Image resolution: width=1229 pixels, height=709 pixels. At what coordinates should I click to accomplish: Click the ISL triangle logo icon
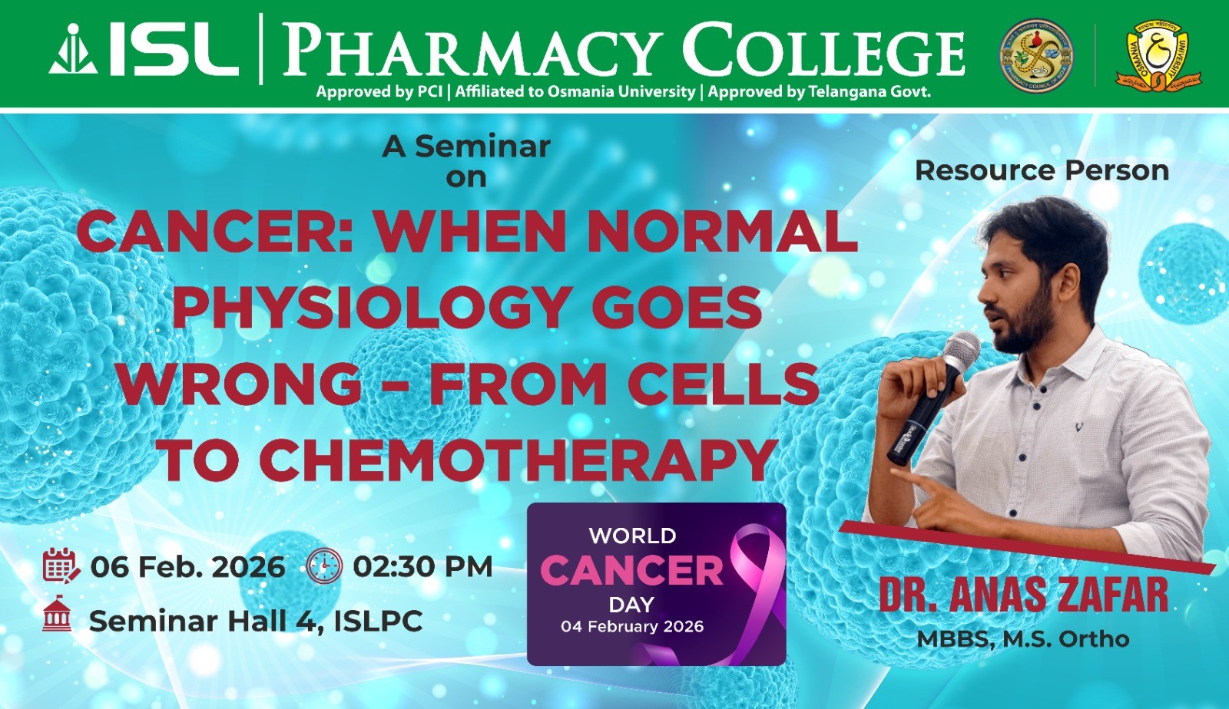[x=73, y=49]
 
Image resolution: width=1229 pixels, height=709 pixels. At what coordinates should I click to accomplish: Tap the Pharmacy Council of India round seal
[x=1036, y=54]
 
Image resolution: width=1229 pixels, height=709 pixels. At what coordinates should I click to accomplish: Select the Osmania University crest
[x=1158, y=54]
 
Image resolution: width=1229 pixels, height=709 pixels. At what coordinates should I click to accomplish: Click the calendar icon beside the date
[x=61, y=565]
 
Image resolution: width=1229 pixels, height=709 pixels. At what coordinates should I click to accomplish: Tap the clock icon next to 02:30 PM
[x=323, y=566]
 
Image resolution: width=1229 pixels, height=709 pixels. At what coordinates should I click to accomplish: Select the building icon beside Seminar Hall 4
[x=57, y=614]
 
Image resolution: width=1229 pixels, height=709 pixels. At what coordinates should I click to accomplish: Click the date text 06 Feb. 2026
[x=187, y=566]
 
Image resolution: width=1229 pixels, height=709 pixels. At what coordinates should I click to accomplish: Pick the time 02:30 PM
[x=422, y=566]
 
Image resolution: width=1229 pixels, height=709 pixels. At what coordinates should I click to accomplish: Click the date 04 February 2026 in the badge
[x=632, y=626]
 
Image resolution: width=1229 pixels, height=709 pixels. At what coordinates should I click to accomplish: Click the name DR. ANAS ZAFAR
[x=1024, y=595]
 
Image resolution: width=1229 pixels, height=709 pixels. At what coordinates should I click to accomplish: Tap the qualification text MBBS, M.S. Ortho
[x=1023, y=639]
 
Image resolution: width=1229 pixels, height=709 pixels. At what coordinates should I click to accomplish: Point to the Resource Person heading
[x=1042, y=170]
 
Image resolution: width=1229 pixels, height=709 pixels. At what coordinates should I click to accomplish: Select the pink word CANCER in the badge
[x=631, y=571]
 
